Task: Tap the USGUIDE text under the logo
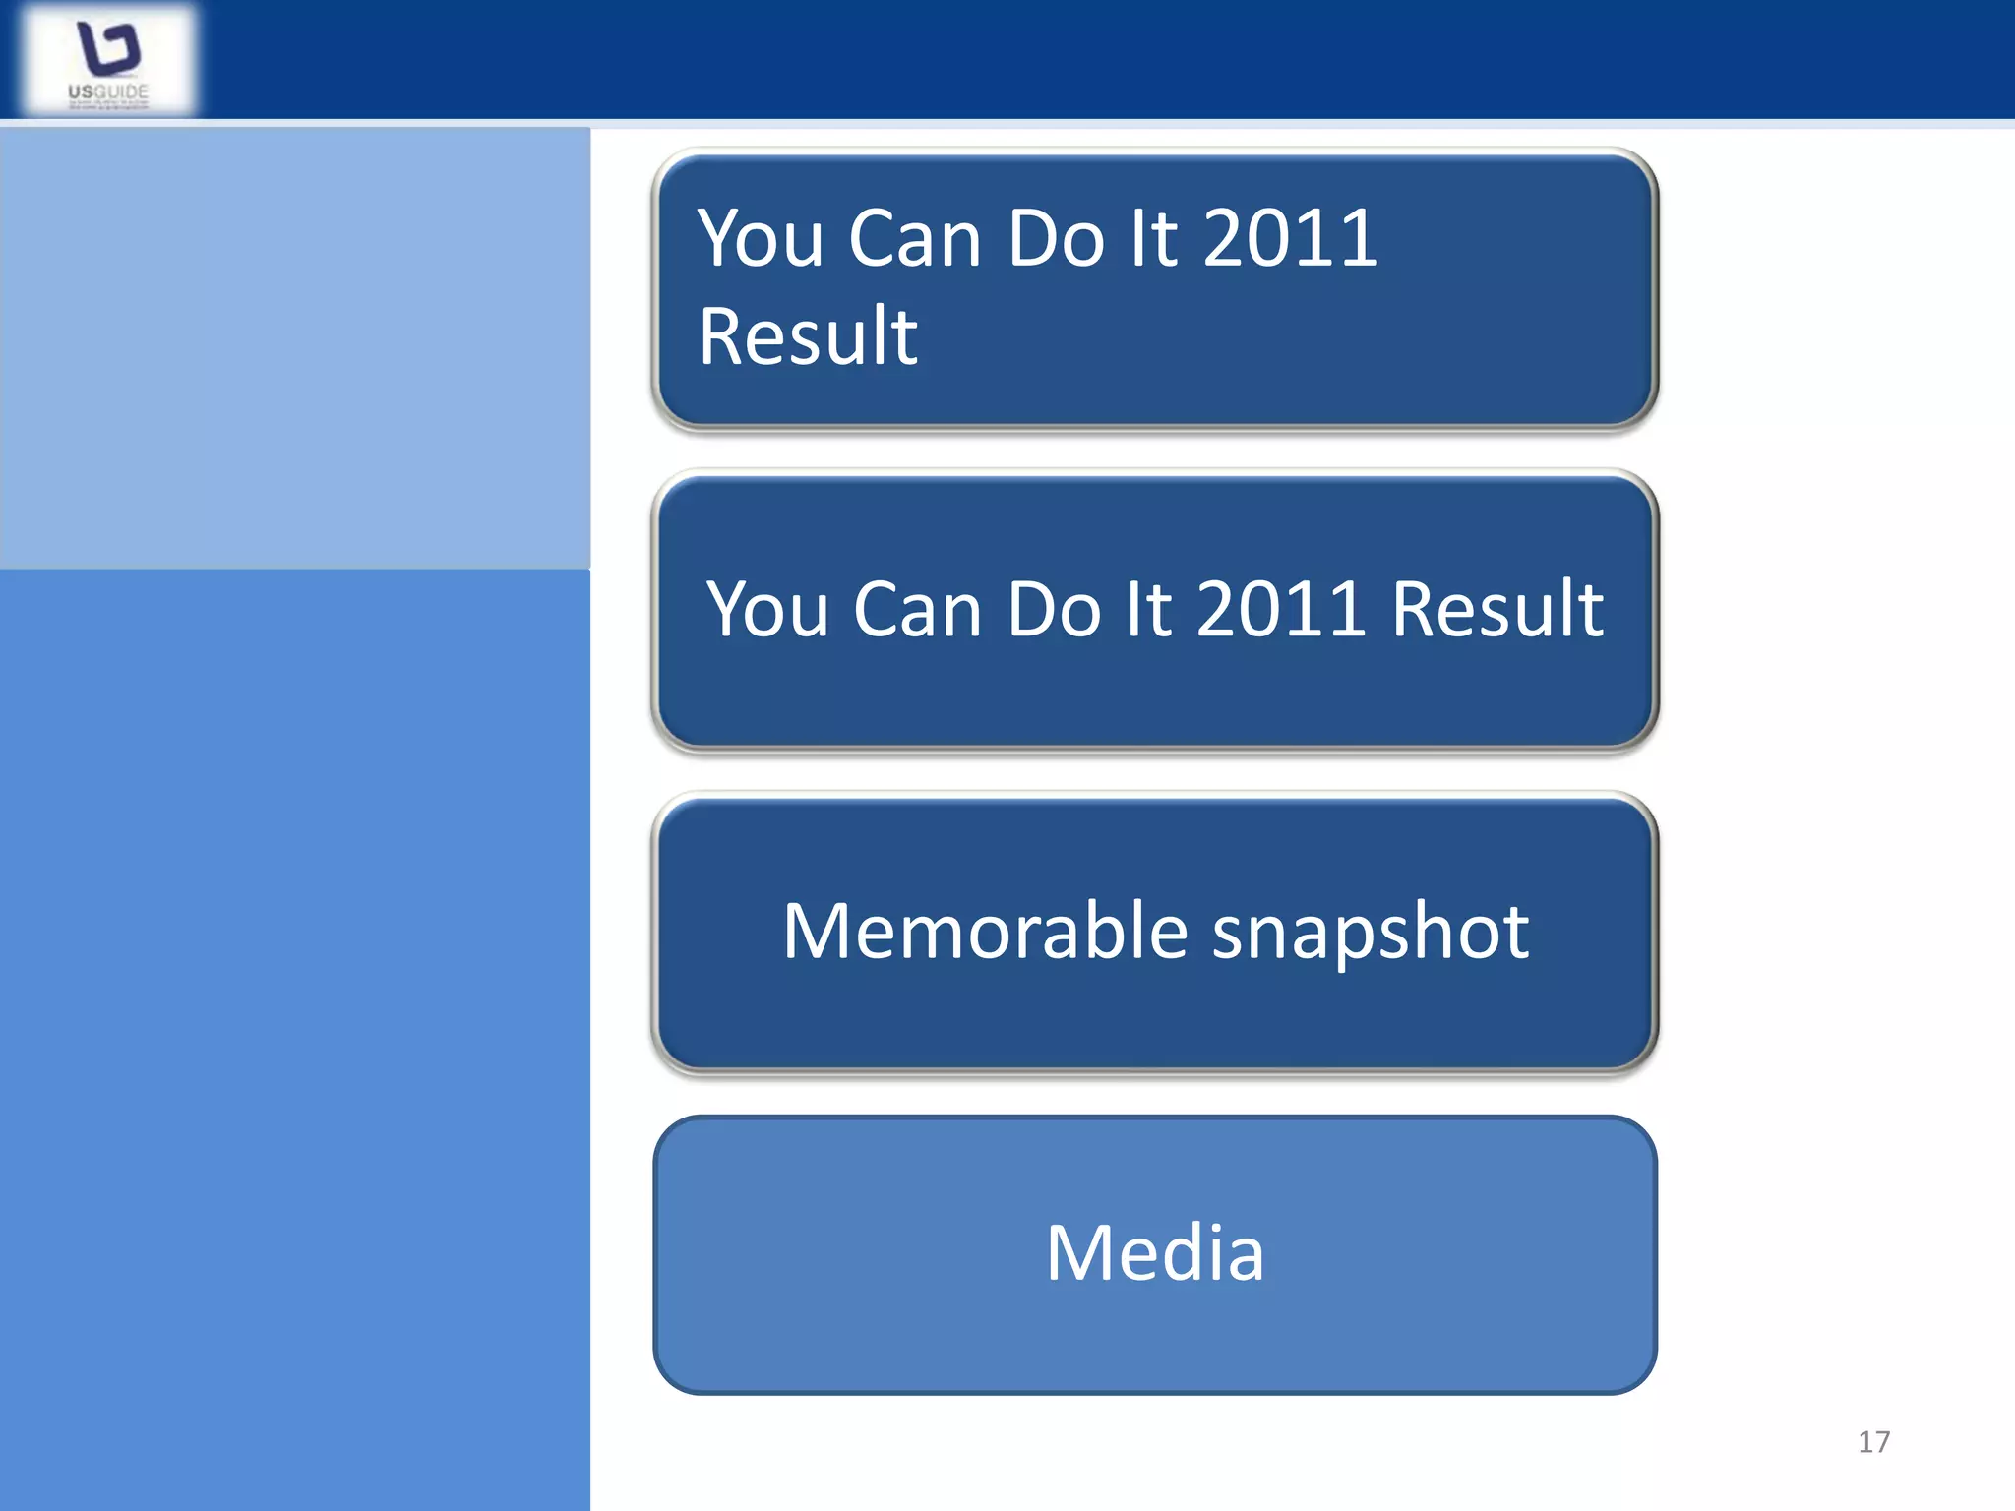108,92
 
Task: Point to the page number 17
1873,1442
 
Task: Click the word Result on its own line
808,336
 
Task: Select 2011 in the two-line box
1290,238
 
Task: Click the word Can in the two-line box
914,238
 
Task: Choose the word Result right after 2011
1497,609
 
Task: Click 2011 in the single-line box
1280,609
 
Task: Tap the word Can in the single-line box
918,609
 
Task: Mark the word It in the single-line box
1148,609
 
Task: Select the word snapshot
1371,933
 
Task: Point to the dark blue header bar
1082,59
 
